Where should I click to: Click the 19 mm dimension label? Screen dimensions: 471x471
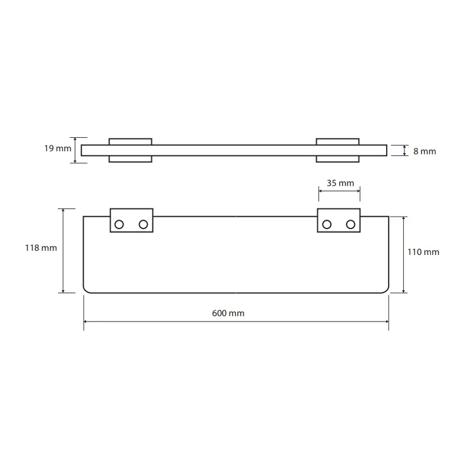(x=58, y=148)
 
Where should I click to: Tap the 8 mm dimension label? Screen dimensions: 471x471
(x=424, y=151)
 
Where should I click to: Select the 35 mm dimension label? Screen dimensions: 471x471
(x=340, y=183)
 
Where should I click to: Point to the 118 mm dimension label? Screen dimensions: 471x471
(x=41, y=248)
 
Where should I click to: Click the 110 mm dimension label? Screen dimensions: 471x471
(x=423, y=252)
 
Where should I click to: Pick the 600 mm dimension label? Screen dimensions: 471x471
(x=228, y=313)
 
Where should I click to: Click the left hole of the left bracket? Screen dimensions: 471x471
(x=119, y=224)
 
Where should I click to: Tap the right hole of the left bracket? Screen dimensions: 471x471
(x=143, y=224)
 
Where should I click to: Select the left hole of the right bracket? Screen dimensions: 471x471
(x=327, y=224)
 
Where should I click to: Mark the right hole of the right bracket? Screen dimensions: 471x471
(x=350, y=224)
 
